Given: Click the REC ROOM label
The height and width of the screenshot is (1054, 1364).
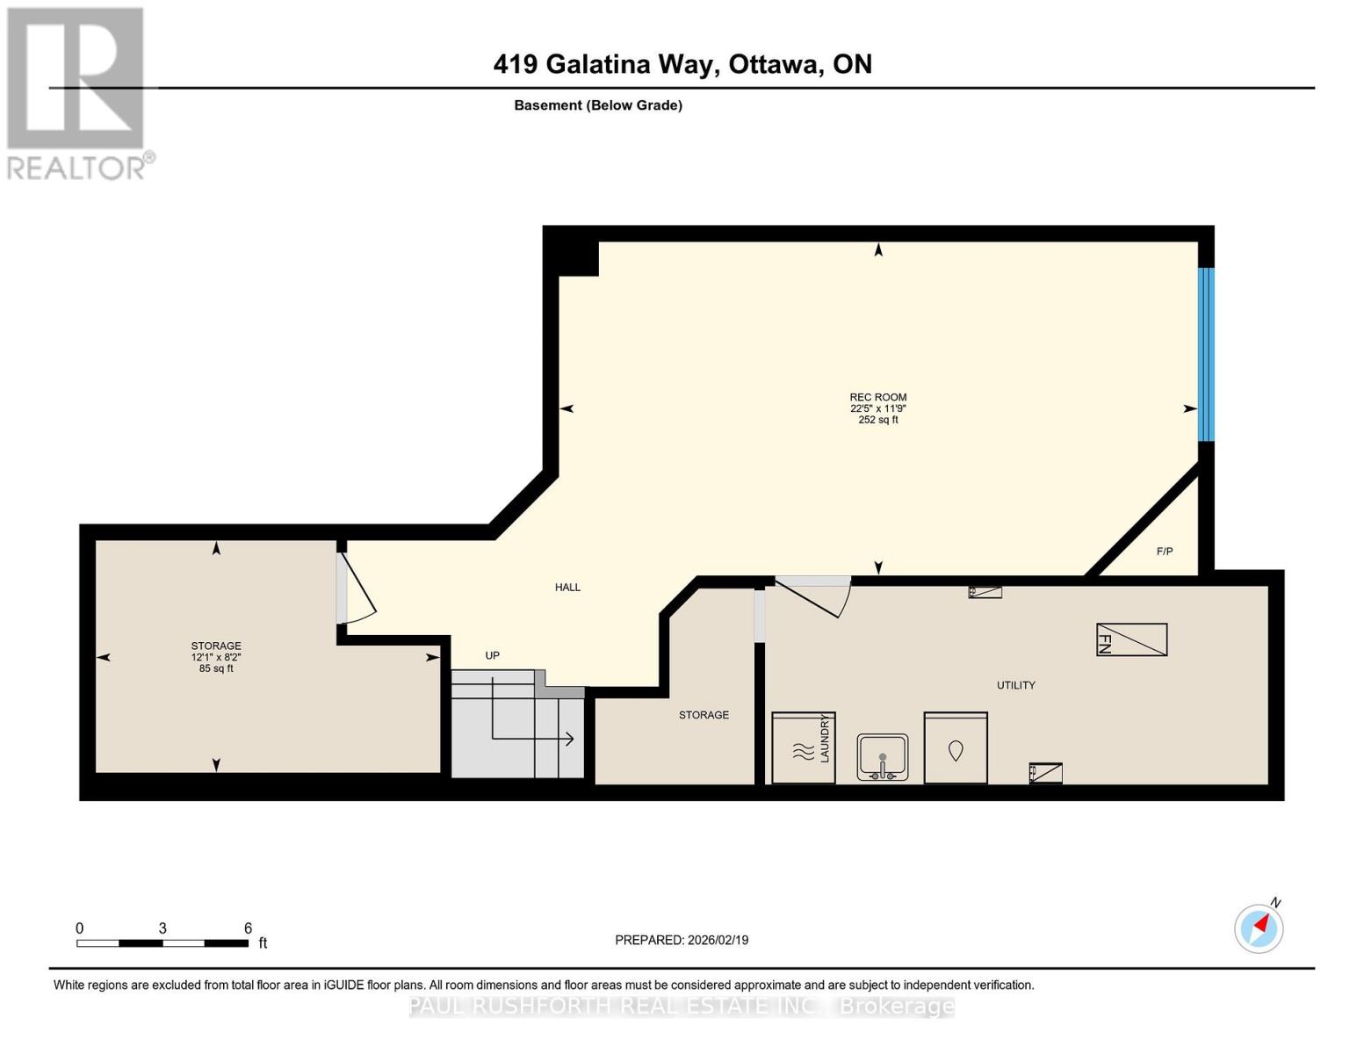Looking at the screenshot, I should [877, 397].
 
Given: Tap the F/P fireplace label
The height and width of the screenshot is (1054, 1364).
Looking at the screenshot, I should [1164, 552].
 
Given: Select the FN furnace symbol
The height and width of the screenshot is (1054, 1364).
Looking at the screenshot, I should [1131, 639].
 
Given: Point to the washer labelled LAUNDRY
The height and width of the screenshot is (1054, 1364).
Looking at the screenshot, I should [803, 748].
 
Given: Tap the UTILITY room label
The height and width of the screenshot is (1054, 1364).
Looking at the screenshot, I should [1015, 685].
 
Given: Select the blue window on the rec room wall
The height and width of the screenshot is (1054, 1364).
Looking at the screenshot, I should [1206, 354].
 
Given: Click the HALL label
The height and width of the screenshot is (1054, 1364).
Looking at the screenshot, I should [567, 588].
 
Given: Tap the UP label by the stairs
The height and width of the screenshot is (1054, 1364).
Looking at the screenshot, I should [492, 656].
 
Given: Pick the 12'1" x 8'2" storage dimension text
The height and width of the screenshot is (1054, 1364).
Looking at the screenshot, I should [216, 657].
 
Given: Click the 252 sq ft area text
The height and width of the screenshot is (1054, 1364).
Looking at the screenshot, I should [877, 420].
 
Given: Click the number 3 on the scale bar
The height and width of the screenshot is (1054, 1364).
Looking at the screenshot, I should [162, 928].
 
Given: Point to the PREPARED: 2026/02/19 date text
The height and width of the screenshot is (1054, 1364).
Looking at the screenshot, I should [682, 940].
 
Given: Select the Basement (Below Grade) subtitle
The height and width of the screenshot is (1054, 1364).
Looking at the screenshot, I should [598, 105].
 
